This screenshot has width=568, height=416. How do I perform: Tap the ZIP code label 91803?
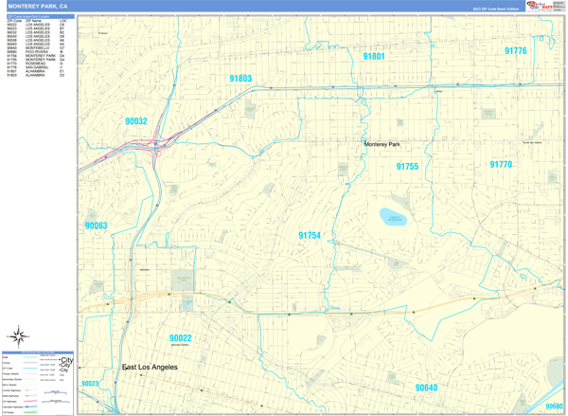point(240,79)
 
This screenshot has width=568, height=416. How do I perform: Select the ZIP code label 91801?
point(374,57)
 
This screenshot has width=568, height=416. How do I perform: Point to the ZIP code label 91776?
point(515,51)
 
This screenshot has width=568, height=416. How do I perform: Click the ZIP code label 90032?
point(135,121)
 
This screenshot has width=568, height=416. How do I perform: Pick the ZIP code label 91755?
point(407,167)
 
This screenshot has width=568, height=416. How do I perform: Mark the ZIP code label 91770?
point(501,165)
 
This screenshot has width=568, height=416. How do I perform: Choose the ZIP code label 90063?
point(96,226)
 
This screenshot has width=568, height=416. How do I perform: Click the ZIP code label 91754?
point(310,236)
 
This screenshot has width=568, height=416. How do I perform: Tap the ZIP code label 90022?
point(181,338)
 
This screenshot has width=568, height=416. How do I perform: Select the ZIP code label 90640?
point(426,388)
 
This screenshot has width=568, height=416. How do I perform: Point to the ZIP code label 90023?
point(90,384)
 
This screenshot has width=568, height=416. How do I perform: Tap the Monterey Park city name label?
point(382,144)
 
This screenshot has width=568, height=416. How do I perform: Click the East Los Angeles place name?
point(150,366)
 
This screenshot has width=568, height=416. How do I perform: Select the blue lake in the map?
point(392,217)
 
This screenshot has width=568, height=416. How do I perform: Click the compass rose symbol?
point(18,335)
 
